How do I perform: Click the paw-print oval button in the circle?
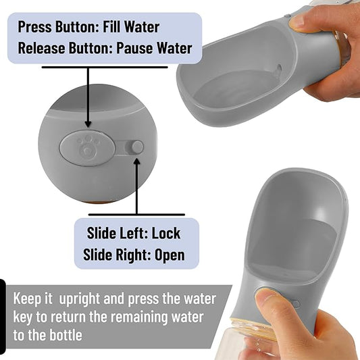(x=87, y=148)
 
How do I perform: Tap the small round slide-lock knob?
(x=138, y=147)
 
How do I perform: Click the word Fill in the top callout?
(x=111, y=27)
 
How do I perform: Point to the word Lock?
(x=166, y=233)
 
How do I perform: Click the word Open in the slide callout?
(x=170, y=255)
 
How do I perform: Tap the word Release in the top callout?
(x=42, y=48)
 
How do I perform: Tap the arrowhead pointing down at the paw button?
(x=88, y=124)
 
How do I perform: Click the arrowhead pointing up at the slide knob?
(x=137, y=161)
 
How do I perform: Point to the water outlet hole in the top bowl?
(x=279, y=69)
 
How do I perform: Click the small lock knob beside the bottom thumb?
(x=297, y=304)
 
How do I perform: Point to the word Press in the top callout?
(x=35, y=27)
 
